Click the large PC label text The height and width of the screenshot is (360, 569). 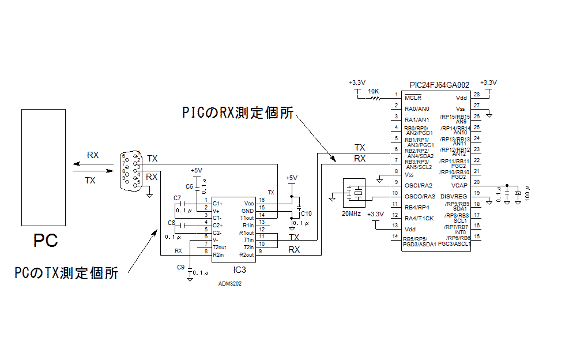tap(45, 240)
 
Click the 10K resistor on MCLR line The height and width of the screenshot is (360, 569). tap(375, 98)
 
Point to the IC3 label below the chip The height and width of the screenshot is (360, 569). tap(238, 269)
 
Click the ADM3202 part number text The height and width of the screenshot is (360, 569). tap(230, 284)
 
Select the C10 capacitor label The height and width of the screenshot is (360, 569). tap(306, 213)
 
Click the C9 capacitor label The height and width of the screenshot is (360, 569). tap(180, 267)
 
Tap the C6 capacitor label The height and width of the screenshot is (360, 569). tap(189, 186)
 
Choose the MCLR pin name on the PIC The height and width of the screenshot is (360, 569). tap(413, 98)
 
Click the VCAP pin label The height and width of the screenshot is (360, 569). tap(460, 185)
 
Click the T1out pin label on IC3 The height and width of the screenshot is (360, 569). tap(246, 217)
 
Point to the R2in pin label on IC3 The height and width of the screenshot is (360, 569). tap(218, 254)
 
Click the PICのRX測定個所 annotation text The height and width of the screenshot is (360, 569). tap(238, 111)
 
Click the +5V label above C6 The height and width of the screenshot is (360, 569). tap(197, 171)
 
